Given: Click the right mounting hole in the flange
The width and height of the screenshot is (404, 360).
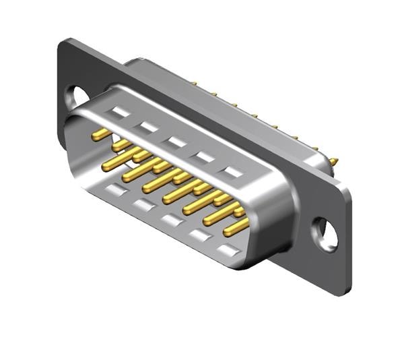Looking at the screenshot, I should [x=327, y=234].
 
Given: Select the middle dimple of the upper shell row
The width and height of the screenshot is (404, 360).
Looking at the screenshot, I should [x=176, y=142].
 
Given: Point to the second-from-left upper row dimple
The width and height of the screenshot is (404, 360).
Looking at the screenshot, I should [x=149, y=127].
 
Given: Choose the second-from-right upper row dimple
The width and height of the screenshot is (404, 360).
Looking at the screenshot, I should [x=204, y=156].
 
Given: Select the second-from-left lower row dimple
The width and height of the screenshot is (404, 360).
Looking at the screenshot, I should [x=143, y=205].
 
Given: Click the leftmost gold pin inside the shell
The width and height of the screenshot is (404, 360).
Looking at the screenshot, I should [x=101, y=135].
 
